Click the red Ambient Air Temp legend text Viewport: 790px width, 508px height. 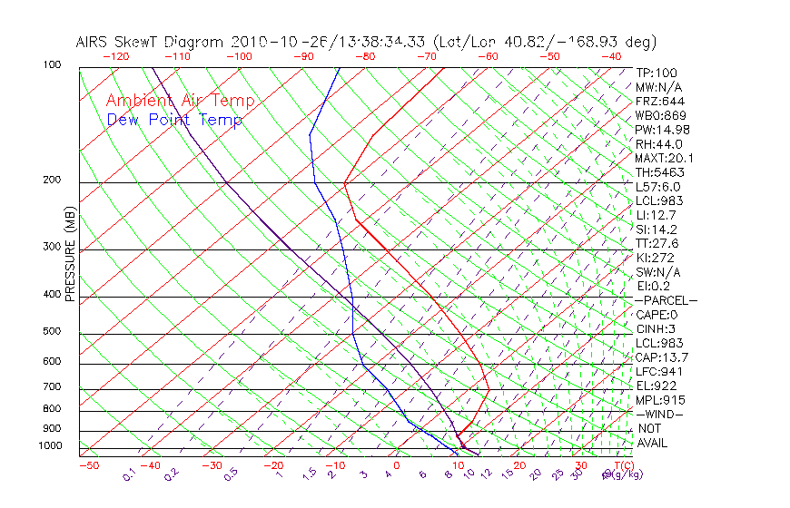(x=180, y=101)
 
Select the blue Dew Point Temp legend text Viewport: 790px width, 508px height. (x=174, y=120)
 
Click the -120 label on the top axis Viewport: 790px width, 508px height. (x=115, y=56)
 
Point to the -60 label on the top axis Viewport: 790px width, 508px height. (x=488, y=56)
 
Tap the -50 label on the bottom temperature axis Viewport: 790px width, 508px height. (x=88, y=465)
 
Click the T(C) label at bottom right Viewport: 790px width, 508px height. (x=623, y=465)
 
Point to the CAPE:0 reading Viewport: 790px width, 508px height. (x=657, y=315)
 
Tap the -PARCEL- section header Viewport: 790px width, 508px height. (x=666, y=300)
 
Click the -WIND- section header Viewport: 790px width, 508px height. (x=659, y=414)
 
